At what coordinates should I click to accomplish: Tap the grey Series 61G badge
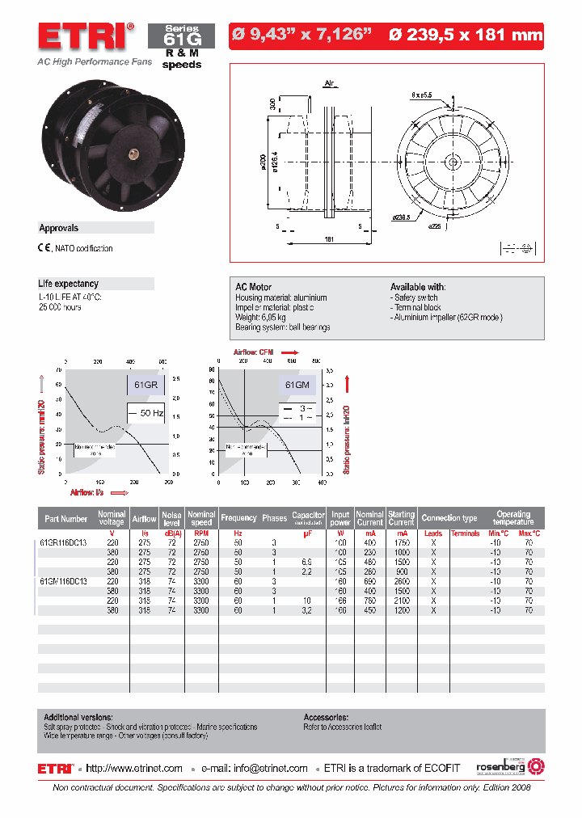181,36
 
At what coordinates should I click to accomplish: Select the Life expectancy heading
69,284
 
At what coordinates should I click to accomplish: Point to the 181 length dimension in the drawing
329,239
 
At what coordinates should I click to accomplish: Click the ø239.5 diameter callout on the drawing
401,217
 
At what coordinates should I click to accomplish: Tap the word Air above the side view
329,83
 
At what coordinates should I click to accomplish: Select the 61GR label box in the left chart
145,386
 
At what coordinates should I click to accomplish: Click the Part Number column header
66,518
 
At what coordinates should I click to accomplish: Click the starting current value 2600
401,581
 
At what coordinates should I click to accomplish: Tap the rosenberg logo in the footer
504,765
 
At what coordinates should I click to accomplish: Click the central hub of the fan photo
130,150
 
